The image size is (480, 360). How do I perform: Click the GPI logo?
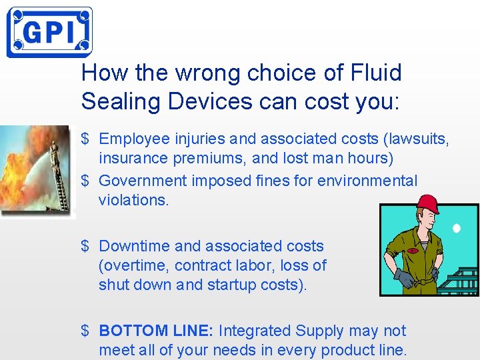click(x=49, y=32)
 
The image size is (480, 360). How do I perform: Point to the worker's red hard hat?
click(x=427, y=204)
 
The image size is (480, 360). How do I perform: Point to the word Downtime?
click(x=136, y=246)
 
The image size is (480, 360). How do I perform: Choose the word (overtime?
click(x=134, y=265)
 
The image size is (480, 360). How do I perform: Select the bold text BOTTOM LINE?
click(x=156, y=331)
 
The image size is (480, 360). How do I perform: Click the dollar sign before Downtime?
click(x=85, y=246)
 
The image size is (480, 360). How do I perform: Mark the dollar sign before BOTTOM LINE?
click(x=85, y=331)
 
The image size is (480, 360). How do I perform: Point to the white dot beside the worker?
click(x=457, y=229)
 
